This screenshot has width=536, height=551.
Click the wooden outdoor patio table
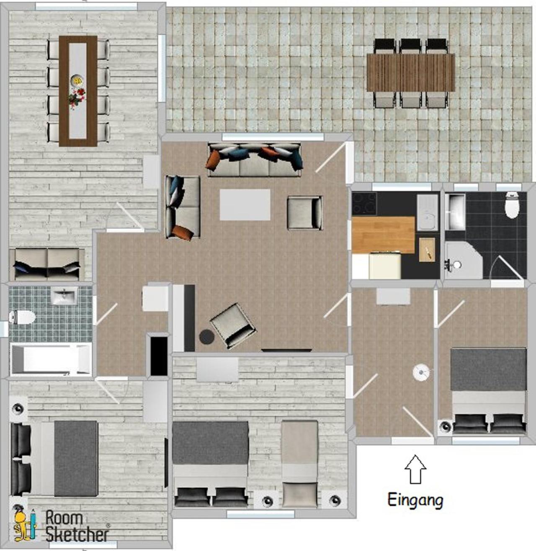tap(411, 72)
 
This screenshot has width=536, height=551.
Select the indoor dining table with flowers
tap(78, 91)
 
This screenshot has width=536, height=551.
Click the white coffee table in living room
tap(245, 205)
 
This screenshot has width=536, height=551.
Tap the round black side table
tap(206, 337)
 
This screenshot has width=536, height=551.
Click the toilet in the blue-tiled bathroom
tap(22, 318)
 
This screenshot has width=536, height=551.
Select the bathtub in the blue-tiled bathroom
tap(51, 359)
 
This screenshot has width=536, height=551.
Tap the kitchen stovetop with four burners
tap(364, 203)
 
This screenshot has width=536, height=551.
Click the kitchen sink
tap(428, 212)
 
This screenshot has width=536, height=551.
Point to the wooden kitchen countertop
tap(383, 235)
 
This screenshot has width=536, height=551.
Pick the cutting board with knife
tap(427, 250)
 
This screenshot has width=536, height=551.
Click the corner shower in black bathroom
tap(463, 260)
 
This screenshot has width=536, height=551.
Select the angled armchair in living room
tap(233, 325)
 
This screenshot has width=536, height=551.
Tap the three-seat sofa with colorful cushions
tap(255, 160)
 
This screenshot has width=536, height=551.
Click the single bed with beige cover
tap(300, 464)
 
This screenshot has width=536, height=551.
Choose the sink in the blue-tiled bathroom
tap(64, 295)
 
